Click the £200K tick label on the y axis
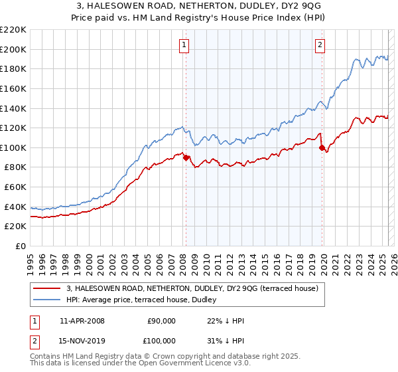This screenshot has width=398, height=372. point(13,49)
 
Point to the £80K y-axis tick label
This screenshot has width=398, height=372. point(15,167)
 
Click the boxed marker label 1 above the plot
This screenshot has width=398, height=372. point(183,45)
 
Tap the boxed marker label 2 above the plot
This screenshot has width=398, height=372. point(320,45)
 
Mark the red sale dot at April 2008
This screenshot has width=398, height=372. point(186,157)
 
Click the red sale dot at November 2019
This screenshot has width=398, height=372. point(322,147)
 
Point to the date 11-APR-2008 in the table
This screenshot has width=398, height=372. point(82,321)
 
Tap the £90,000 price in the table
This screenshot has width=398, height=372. point(161,321)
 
